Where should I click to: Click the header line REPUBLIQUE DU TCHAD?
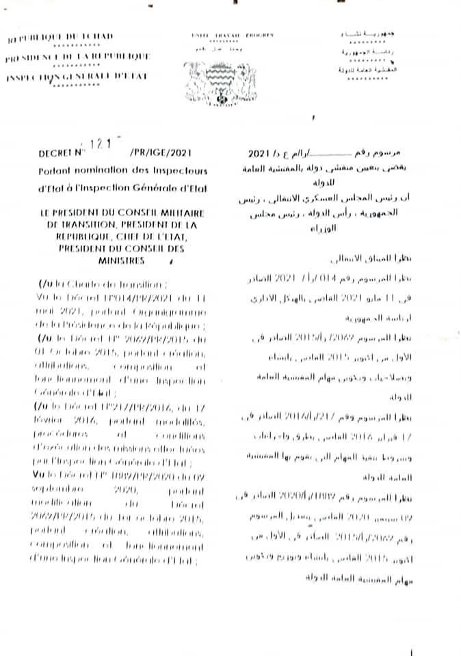point(62,36)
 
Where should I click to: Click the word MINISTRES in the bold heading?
point(126,261)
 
